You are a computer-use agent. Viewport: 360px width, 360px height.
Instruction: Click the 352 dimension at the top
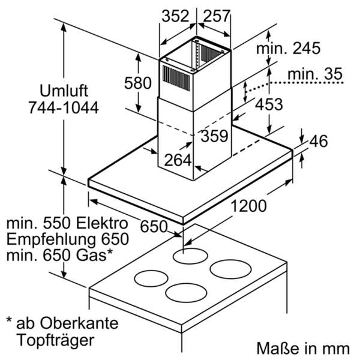[x=175, y=16]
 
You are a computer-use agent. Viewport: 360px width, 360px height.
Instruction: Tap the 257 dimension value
[x=217, y=16]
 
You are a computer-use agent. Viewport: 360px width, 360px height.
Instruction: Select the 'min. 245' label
[x=288, y=49]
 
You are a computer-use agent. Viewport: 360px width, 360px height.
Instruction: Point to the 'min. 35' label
[x=315, y=74]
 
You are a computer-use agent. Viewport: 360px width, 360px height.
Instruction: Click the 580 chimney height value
[x=138, y=83]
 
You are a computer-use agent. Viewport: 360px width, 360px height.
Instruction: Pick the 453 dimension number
[x=269, y=104]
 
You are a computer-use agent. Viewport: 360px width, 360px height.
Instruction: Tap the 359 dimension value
[x=214, y=136]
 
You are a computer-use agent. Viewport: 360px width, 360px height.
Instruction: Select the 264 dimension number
[x=178, y=160]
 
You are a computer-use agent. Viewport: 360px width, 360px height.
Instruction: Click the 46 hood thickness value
[x=319, y=141]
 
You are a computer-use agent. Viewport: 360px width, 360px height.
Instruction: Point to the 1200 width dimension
[x=248, y=206]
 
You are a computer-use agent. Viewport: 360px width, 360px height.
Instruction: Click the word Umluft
[x=64, y=91]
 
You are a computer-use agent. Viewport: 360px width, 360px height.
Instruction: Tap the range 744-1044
[x=64, y=107]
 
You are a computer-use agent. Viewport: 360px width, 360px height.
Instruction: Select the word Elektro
[x=102, y=223]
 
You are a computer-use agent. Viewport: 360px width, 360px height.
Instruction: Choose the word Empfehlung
[x=51, y=239]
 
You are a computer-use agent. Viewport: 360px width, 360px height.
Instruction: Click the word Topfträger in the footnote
[x=56, y=340]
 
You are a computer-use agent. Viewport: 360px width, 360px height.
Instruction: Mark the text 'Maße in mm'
[x=303, y=348]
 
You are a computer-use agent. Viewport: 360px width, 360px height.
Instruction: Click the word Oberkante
[x=79, y=323]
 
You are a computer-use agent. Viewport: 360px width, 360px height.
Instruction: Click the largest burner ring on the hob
[x=230, y=269]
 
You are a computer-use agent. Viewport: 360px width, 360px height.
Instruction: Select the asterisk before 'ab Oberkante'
[x=9, y=320]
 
